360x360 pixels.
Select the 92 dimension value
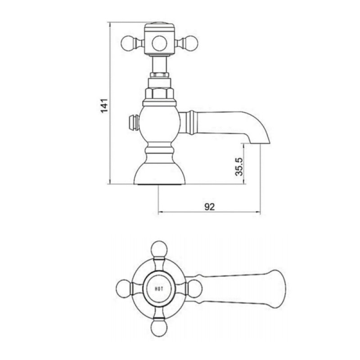pyautogui.click(x=209, y=206)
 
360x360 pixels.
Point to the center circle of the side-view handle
pyautogui.click(x=159, y=44)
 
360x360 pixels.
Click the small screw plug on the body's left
pyautogui.click(x=131, y=122)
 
